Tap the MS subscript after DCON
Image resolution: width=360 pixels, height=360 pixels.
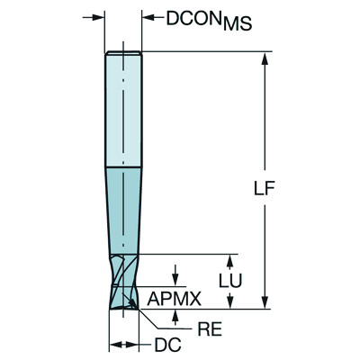(235, 23)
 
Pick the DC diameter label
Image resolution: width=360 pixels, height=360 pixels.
(159, 346)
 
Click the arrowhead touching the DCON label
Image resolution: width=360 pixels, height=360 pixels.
(147, 17)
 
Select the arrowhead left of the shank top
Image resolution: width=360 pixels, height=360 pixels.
(99, 17)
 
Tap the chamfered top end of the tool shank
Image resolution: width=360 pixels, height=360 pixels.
(122, 54)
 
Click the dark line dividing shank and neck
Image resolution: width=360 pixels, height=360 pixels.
(122, 168)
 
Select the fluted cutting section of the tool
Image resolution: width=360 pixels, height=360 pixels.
(124, 283)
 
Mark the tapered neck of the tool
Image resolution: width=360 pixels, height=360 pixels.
(123, 211)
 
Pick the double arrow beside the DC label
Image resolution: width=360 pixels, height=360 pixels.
(123, 345)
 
